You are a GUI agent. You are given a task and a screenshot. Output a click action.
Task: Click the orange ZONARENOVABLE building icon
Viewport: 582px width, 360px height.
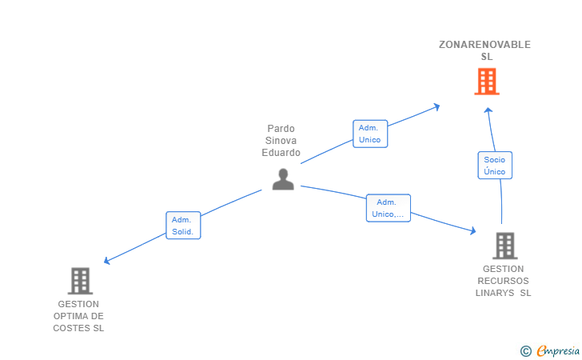(486, 82)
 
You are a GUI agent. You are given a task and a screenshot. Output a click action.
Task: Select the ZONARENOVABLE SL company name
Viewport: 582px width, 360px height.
(485, 50)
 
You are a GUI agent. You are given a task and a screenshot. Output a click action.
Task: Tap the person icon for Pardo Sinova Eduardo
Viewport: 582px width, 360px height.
(283, 179)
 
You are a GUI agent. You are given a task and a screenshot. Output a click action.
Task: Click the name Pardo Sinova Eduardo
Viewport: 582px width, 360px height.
(281, 140)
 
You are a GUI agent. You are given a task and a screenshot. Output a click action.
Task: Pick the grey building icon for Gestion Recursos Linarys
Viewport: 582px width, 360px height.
(504, 246)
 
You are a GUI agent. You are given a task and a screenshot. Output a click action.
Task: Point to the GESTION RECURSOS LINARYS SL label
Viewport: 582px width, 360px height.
(504, 281)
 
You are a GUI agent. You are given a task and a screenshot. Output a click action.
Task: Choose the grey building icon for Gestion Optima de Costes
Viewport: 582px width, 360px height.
(80, 281)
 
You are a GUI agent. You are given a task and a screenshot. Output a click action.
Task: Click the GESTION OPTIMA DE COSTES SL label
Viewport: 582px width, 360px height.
(78, 316)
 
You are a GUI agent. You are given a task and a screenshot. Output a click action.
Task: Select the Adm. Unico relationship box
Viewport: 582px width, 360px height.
(369, 134)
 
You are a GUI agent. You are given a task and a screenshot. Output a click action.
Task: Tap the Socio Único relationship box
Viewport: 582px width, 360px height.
(494, 166)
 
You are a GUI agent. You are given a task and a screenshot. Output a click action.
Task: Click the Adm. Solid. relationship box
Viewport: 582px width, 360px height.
(183, 226)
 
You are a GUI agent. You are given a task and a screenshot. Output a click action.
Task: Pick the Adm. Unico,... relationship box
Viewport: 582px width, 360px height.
(389, 208)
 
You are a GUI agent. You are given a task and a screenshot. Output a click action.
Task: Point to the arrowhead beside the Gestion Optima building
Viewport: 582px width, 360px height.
(107, 260)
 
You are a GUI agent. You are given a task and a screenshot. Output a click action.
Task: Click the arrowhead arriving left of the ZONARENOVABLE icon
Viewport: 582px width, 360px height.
(437, 106)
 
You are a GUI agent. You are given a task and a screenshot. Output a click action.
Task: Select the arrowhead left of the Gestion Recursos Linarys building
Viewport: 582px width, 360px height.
(472, 231)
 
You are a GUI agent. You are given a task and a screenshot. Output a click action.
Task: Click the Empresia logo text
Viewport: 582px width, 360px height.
(558, 350)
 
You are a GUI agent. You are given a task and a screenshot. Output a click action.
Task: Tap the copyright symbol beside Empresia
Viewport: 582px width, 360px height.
(525, 350)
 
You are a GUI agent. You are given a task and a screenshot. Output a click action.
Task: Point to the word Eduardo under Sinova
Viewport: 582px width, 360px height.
(281, 153)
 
